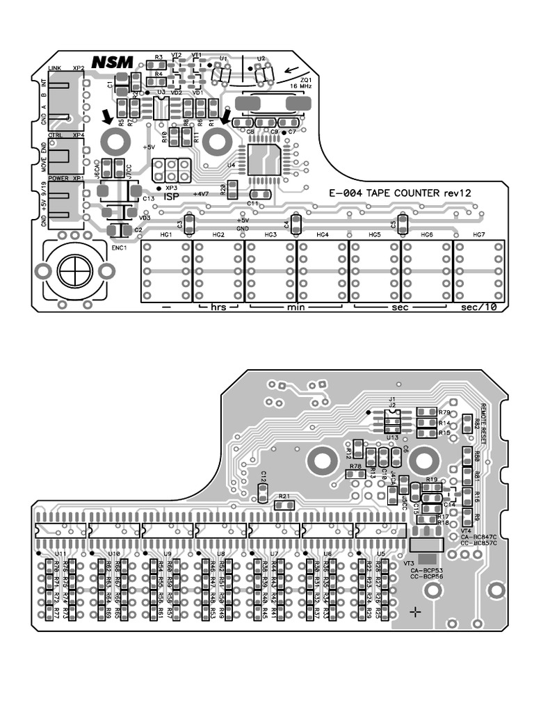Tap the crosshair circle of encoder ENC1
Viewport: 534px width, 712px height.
click(73, 269)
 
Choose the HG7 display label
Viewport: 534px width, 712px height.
click(478, 235)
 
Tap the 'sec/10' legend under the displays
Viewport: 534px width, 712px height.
click(478, 308)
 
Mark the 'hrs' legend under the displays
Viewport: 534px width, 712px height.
click(218, 307)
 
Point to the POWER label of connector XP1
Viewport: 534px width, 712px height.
click(59, 178)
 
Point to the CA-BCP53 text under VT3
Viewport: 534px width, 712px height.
click(426, 570)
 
